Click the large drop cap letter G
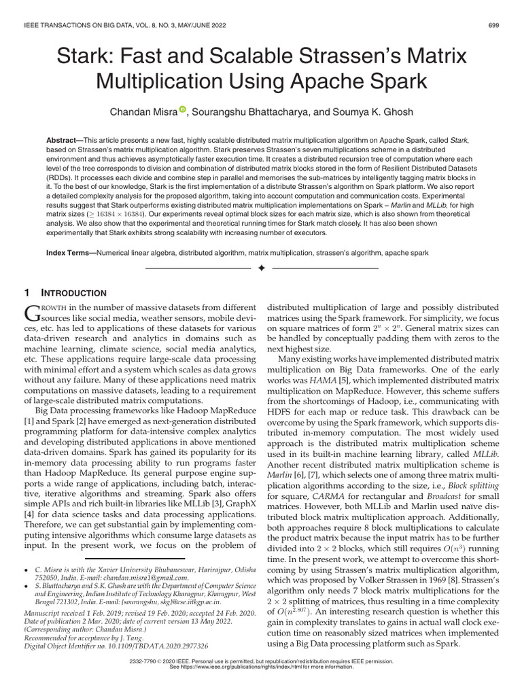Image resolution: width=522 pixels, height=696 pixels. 33,312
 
